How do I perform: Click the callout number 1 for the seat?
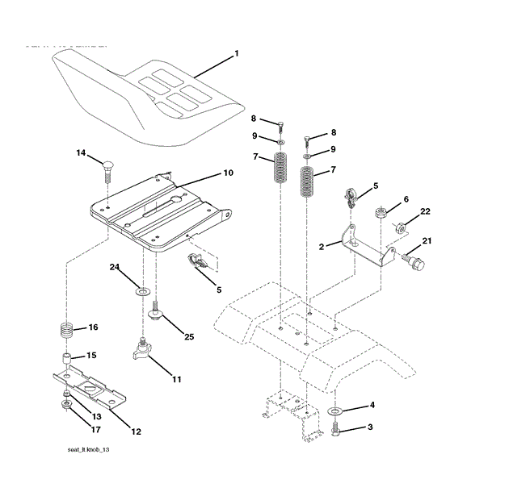pyautogui.click(x=237, y=54)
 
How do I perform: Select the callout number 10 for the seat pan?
pyautogui.click(x=228, y=173)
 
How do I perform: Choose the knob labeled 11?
pyautogui.click(x=143, y=352)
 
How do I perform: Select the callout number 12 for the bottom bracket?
pyautogui.click(x=136, y=432)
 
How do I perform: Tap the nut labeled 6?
pyautogui.click(x=380, y=213)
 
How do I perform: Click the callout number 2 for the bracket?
pyautogui.click(x=321, y=247)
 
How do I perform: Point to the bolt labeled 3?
pyautogui.click(x=336, y=435)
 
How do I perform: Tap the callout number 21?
pyautogui.click(x=427, y=240)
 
